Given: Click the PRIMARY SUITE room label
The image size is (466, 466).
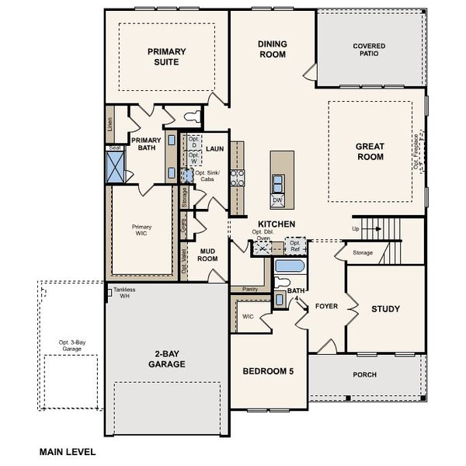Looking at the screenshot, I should pyautogui.click(x=167, y=57).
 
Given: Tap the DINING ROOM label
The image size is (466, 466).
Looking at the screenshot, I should pyautogui.click(x=272, y=50).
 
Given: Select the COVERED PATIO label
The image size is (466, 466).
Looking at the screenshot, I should pyautogui.click(x=369, y=50).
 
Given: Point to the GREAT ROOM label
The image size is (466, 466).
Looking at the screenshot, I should pyautogui.click(x=370, y=151).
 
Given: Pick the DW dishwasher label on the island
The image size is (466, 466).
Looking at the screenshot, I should pyautogui.click(x=277, y=200).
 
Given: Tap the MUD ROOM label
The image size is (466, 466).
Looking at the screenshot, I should pyautogui.click(x=207, y=256).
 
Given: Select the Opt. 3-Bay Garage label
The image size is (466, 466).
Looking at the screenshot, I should pyautogui.click(x=74, y=346).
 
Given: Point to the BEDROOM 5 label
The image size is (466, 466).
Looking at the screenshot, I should pyautogui.click(x=267, y=371).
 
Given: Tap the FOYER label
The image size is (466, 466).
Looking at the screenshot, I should pyautogui.click(x=326, y=306).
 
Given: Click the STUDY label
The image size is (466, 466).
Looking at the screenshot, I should pyautogui.click(x=385, y=309).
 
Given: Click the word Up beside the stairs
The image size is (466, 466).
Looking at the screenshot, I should pyautogui.click(x=356, y=229).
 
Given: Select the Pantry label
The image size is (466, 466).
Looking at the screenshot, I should pyautogui.click(x=250, y=289).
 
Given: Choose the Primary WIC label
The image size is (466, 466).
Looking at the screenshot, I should pyautogui.click(x=141, y=231).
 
